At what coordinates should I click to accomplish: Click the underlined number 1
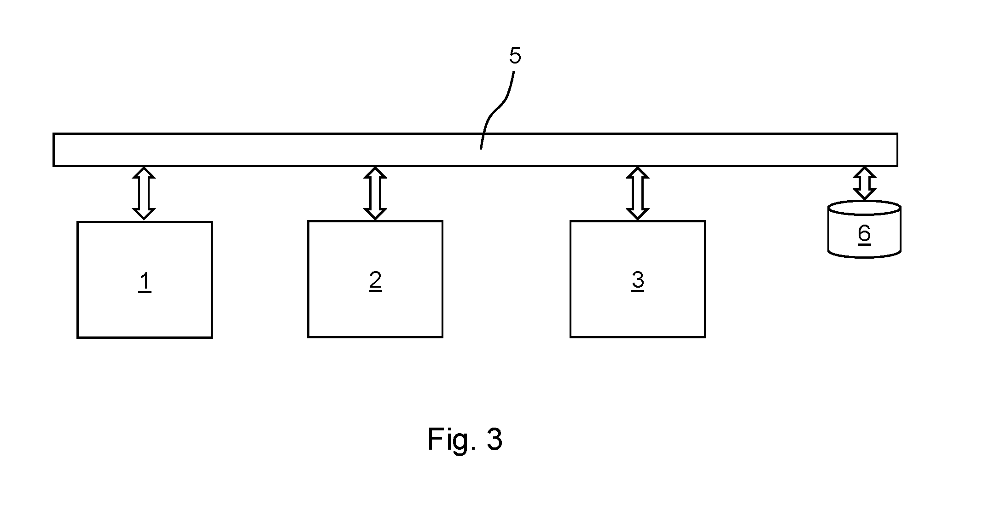[145, 282]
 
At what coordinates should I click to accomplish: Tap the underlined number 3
[638, 280]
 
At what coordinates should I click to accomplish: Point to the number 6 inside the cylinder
[864, 233]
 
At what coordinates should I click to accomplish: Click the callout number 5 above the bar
[515, 56]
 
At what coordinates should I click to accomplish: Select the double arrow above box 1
[144, 193]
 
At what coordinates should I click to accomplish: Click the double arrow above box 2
[375, 193]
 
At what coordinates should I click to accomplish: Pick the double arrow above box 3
[638, 193]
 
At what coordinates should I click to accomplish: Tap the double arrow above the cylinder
[864, 183]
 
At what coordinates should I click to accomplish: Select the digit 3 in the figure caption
[494, 439]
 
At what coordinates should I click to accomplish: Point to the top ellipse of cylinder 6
[864, 208]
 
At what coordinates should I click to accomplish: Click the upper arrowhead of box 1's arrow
[144, 173]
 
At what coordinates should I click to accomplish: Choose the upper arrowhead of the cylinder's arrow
[864, 173]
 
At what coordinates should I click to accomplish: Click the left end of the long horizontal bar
[54, 150]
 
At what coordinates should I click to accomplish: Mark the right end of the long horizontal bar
[897, 150]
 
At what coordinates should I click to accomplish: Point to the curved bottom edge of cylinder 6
[864, 257]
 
